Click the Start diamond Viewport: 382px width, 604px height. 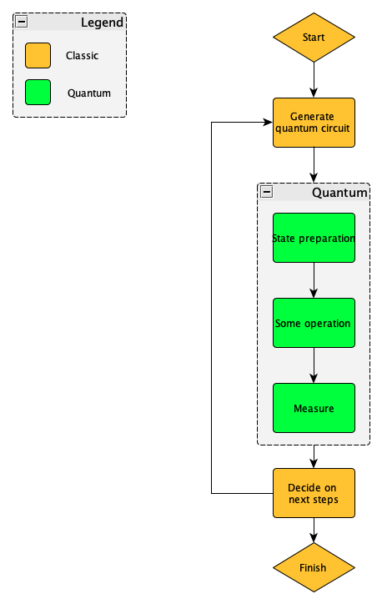pyautogui.click(x=314, y=38)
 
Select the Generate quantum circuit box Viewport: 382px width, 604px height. pyautogui.click(x=314, y=123)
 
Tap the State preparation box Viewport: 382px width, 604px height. pyautogui.click(x=314, y=238)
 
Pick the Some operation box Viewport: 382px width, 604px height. pyautogui.click(x=314, y=323)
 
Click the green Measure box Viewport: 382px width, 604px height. pyautogui.click(x=314, y=408)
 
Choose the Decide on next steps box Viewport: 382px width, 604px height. pyautogui.click(x=314, y=493)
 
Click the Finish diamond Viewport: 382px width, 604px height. pyautogui.click(x=314, y=568)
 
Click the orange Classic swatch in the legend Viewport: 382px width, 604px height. pyautogui.click(x=38, y=56)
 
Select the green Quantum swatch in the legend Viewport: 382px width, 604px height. pyautogui.click(x=38, y=93)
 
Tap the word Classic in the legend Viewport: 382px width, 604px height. pyautogui.click(x=82, y=56)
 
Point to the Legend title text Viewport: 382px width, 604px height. pyautogui.click(x=102, y=23)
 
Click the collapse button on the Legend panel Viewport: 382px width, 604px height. pyautogui.click(x=21, y=23)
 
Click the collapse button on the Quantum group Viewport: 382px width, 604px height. pyautogui.click(x=266, y=192)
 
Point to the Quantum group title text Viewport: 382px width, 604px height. pyautogui.click(x=339, y=193)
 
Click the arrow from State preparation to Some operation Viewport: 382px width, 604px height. pyautogui.click(x=314, y=280)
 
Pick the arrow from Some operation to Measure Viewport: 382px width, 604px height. pyautogui.click(x=314, y=365)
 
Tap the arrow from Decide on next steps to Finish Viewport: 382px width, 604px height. pyautogui.click(x=314, y=532)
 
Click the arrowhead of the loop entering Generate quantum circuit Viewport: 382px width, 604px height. pyautogui.click(x=268, y=123)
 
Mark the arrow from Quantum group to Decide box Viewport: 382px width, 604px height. pyautogui.click(x=314, y=457)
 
